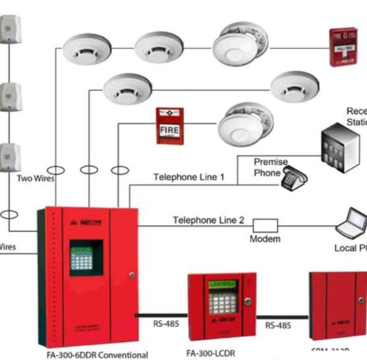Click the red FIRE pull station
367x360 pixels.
169,127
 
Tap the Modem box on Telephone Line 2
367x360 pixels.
265,225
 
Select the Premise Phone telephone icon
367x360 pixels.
295,177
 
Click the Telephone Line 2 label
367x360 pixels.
208,220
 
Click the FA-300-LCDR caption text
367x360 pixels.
209,354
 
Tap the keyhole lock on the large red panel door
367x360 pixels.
132,275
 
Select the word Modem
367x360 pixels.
265,239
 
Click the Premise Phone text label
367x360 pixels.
270,167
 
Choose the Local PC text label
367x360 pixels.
350,248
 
